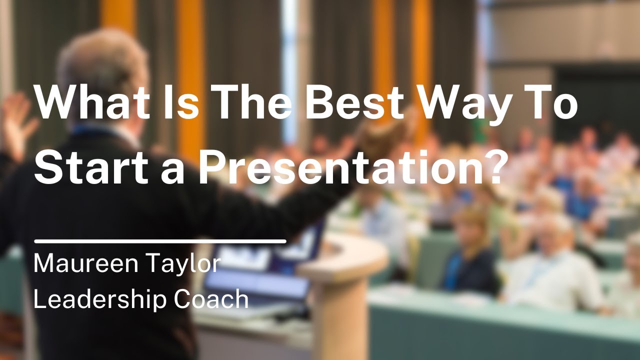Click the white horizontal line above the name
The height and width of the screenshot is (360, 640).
click(x=160, y=241)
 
